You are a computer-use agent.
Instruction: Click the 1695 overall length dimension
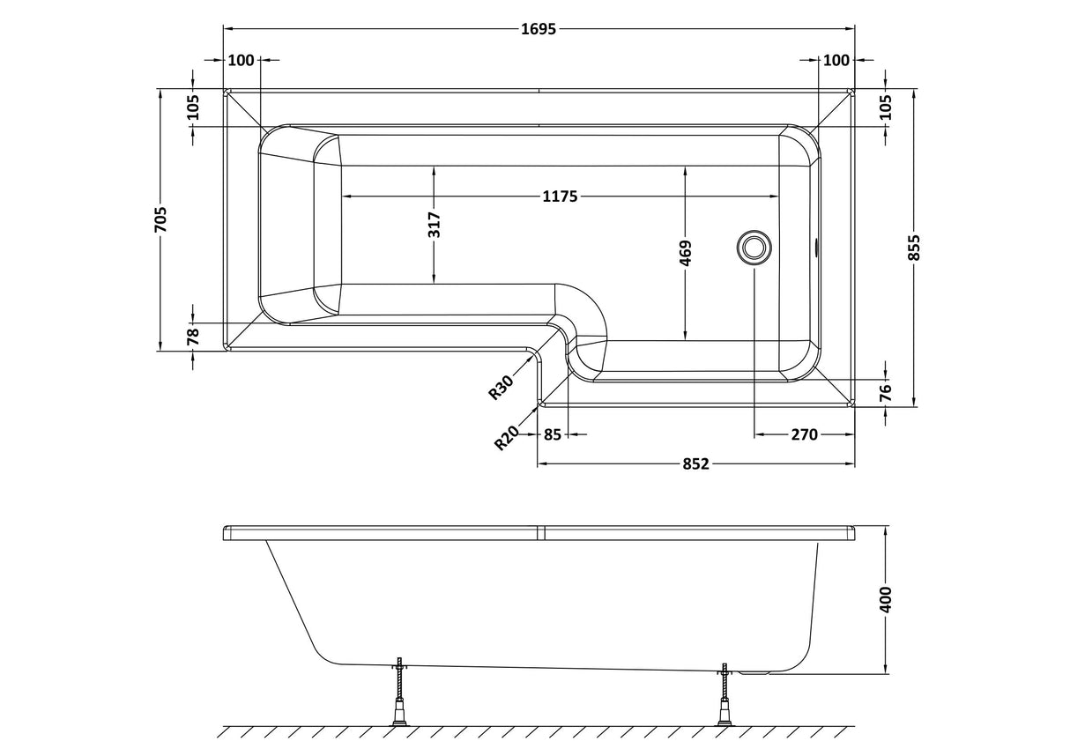pos(538,29)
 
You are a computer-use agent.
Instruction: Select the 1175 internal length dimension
pos(559,196)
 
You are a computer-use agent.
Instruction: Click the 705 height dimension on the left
pos(160,219)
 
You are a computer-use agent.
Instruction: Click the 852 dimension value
pos(695,463)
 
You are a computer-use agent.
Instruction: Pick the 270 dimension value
pos(805,434)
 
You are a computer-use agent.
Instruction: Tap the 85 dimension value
pos(553,434)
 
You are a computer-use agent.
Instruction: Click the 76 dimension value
pos(886,390)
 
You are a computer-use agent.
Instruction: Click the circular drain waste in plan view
pos(754,248)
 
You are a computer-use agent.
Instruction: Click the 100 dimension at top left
pos(241,60)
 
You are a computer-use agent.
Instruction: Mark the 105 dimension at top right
pos(886,107)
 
